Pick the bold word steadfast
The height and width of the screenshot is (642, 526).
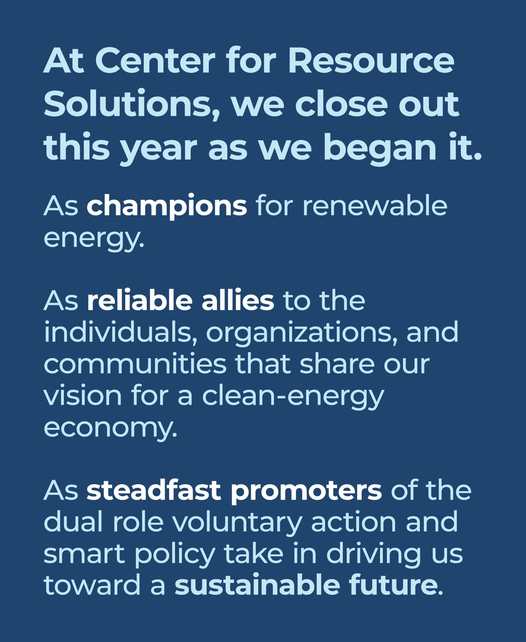click(154, 491)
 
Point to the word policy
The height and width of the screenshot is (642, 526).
click(175, 556)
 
